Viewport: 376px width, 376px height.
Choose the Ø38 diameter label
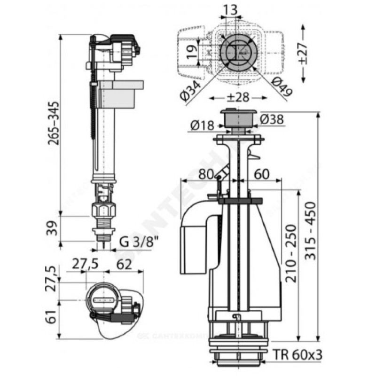pyautogui.click(x=271, y=121)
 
